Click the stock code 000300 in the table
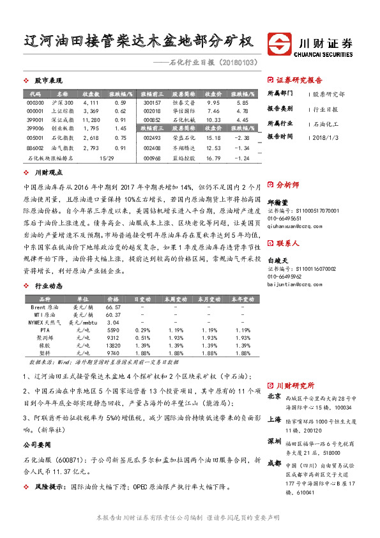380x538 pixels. [36, 103]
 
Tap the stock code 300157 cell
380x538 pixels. [153, 103]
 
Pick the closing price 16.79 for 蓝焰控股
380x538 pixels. [212, 158]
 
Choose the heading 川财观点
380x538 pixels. [48, 173]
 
